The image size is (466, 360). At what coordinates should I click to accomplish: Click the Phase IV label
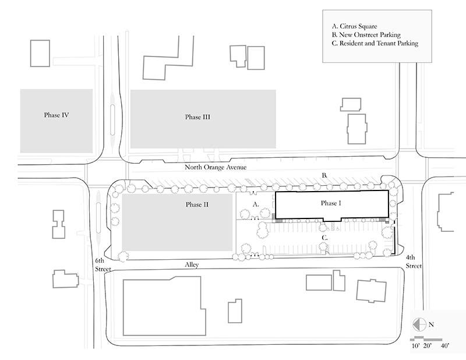pyautogui.click(x=57, y=115)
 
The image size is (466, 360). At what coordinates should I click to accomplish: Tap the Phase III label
pyautogui.click(x=197, y=117)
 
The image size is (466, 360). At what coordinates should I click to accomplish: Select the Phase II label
pyautogui.click(x=197, y=204)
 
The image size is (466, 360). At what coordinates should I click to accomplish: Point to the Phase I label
pyautogui.click(x=331, y=203)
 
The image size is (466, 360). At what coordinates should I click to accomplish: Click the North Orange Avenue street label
pyautogui.click(x=216, y=167)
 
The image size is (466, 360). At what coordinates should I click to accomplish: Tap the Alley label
pyautogui.click(x=192, y=264)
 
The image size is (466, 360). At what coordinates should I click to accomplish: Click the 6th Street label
pyautogui.click(x=103, y=265)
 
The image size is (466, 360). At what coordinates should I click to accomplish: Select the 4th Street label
pyautogui.click(x=414, y=262)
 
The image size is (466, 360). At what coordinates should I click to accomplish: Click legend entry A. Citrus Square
pyautogui.click(x=354, y=26)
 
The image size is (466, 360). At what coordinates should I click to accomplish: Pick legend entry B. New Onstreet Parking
pyautogui.click(x=366, y=35)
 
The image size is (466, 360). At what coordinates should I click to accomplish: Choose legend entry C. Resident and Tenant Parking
pyautogui.click(x=375, y=43)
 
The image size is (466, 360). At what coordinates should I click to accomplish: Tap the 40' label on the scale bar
pyautogui.click(x=445, y=346)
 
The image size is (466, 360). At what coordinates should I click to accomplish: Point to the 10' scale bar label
pyautogui.click(x=416, y=346)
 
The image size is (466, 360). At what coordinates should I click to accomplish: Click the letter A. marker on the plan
pyautogui.click(x=256, y=204)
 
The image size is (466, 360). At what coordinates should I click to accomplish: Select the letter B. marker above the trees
pyautogui.click(x=324, y=175)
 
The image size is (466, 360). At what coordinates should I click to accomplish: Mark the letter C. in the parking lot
pyautogui.click(x=325, y=238)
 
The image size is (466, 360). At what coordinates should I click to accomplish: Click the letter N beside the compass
pyautogui.click(x=431, y=324)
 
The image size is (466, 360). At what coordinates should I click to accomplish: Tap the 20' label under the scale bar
pyautogui.click(x=428, y=346)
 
